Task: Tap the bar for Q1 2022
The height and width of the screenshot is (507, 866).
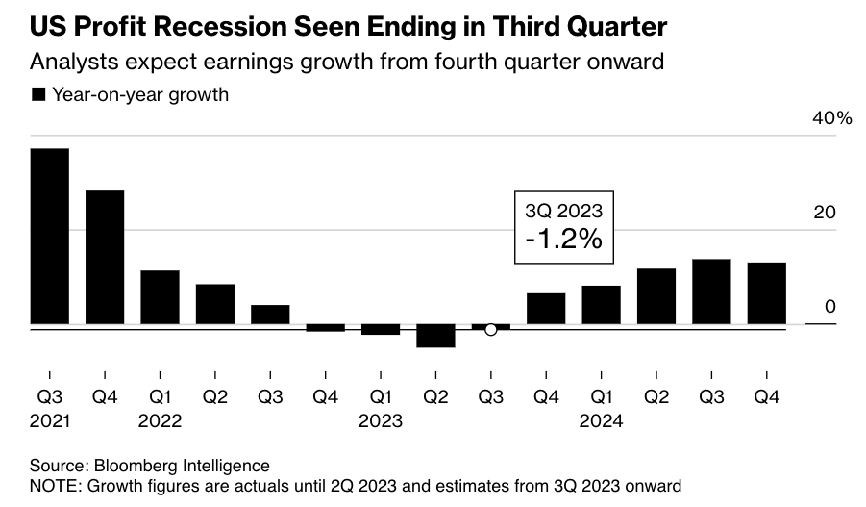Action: click(x=160, y=297)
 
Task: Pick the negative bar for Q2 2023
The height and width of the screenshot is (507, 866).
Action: click(x=435, y=336)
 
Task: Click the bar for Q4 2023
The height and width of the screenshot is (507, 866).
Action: click(x=546, y=309)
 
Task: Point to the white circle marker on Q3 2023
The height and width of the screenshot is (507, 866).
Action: click(x=490, y=330)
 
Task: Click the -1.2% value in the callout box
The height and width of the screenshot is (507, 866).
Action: click(x=563, y=241)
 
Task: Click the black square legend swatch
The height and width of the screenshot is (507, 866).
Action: click(x=38, y=94)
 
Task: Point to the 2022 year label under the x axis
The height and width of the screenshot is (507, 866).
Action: click(x=161, y=420)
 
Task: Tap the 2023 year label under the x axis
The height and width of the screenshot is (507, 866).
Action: click(x=381, y=420)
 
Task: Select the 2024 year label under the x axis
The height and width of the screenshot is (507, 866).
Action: click(x=602, y=420)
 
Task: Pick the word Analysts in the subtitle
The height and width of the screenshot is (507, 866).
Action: click(x=68, y=63)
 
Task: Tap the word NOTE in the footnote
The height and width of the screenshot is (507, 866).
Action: click(x=53, y=486)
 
